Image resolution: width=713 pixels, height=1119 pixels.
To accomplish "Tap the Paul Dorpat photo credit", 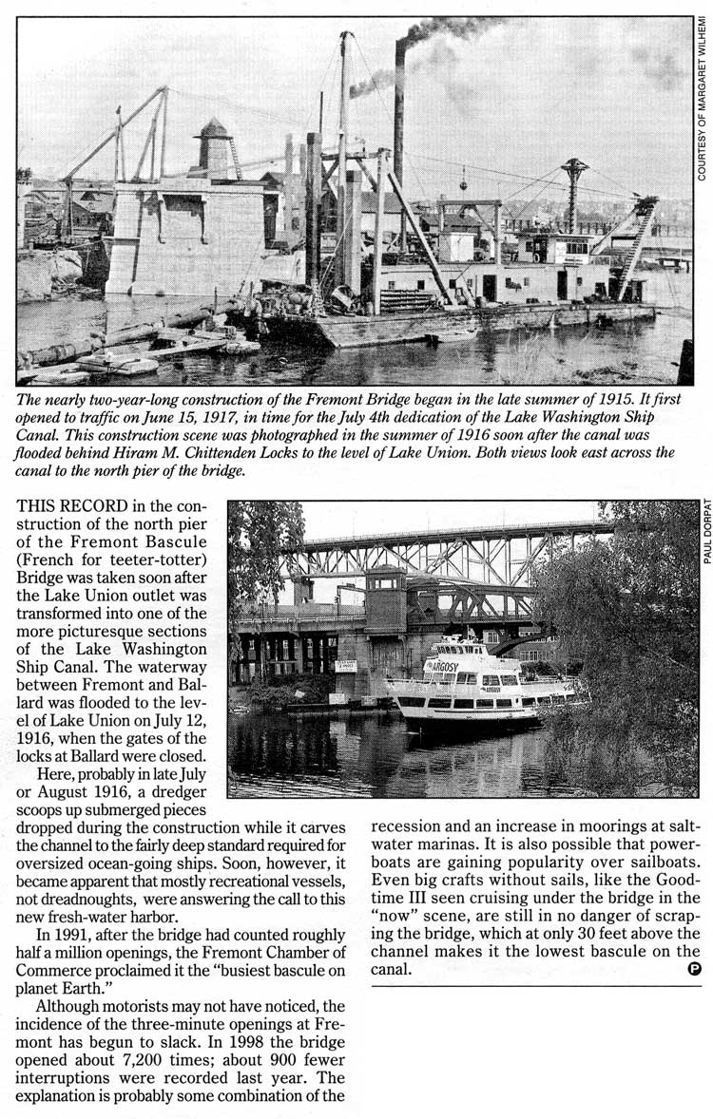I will click(706, 532).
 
